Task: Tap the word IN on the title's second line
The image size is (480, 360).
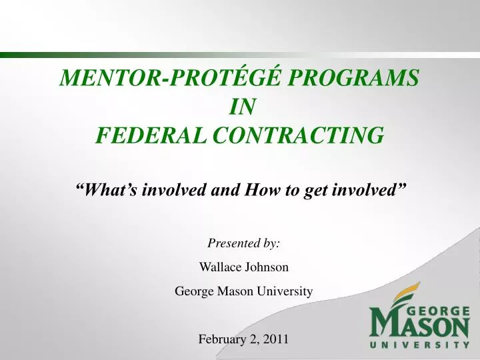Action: pyautogui.click(x=240, y=107)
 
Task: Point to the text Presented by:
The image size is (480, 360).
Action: pyautogui.click(x=243, y=244)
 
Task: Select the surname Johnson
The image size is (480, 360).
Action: pyautogui.click(x=267, y=267)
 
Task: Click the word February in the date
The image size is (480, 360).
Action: pyautogui.click(x=222, y=339)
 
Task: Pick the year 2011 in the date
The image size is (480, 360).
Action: pyautogui.click(x=276, y=339)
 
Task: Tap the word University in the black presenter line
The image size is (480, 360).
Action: pyautogui.click(x=288, y=291)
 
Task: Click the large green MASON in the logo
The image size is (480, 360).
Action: pyautogui.click(x=420, y=326)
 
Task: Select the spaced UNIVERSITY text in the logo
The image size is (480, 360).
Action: pyautogui.click(x=420, y=345)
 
